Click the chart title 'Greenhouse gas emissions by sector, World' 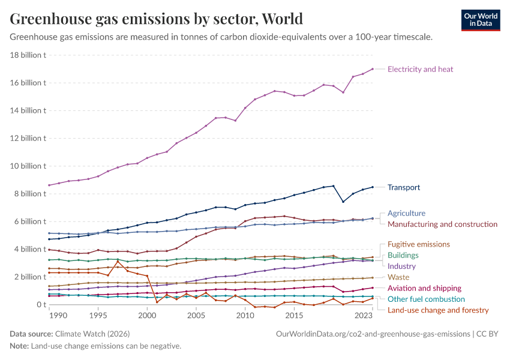(x=156, y=19)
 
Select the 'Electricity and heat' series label (x=420, y=69)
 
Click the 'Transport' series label (x=404, y=187)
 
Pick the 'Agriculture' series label (x=406, y=213)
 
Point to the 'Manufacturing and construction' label (x=442, y=224)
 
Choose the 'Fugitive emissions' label (x=418, y=244)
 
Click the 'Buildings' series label (x=403, y=255)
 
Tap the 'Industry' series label (x=401, y=266)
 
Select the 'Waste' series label (x=398, y=277)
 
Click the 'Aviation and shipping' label (x=424, y=288)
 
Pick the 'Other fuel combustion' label (x=426, y=299)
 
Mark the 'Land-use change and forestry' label (x=438, y=310)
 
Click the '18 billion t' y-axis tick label (x=28, y=55)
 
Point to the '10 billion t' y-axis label (x=28, y=166)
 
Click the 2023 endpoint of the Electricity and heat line (x=373, y=69)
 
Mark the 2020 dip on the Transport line (x=343, y=202)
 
